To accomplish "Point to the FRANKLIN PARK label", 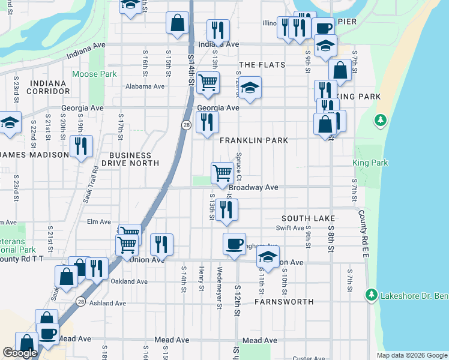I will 253,140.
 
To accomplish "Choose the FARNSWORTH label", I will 284,302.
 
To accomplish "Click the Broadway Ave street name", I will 253,188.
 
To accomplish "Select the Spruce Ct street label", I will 238,166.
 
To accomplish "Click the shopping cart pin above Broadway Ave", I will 222,173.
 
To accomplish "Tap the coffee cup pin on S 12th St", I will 234,244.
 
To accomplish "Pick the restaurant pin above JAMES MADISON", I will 80,146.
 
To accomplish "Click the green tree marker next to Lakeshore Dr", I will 372,295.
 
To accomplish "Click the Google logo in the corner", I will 20,353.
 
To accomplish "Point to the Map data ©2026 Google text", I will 411,355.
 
